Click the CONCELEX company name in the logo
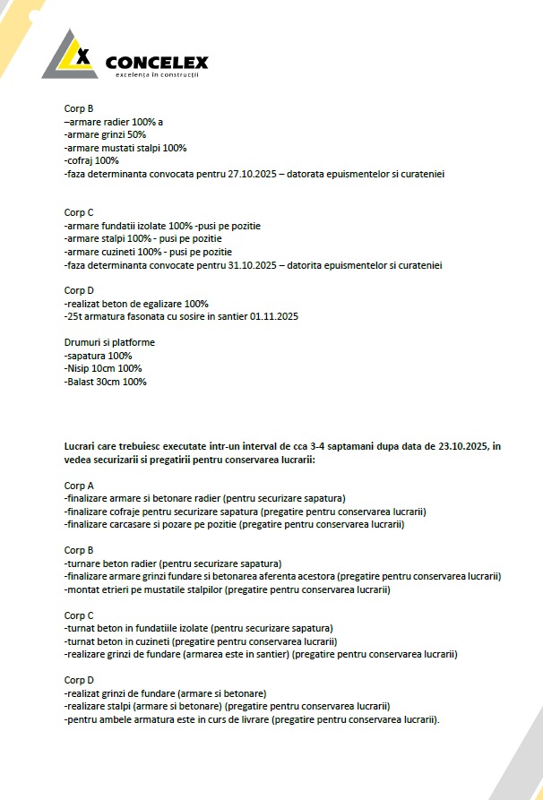157,62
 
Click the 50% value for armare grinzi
134,134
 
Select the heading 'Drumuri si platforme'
109,342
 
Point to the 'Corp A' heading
79,486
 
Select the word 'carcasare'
133,524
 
